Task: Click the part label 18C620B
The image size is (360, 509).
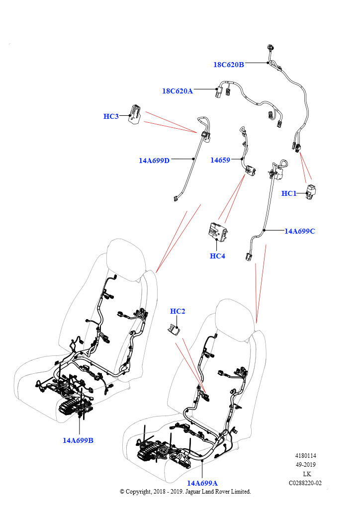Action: [229, 64]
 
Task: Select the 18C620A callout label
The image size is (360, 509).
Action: [178, 91]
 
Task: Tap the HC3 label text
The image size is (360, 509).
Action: [111, 116]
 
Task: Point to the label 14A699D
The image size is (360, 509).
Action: [154, 161]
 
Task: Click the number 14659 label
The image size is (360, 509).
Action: [220, 160]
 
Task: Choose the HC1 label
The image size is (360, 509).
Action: [289, 193]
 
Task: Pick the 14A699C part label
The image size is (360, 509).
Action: [300, 231]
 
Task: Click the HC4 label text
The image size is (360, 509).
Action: [217, 256]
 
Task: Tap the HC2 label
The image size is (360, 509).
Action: [178, 311]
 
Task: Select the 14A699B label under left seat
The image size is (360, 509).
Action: [78, 440]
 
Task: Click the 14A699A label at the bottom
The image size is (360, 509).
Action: [202, 483]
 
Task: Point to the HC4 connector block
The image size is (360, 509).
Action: [216, 232]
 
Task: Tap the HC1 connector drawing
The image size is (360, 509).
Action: [311, 192]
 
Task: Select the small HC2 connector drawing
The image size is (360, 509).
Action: [173, 330]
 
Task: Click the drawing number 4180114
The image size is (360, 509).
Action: [305, 455]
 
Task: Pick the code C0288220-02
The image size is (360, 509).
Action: [305, 483]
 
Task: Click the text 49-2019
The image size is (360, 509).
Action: [305, 465]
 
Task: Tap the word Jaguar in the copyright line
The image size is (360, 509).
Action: [197, 491]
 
